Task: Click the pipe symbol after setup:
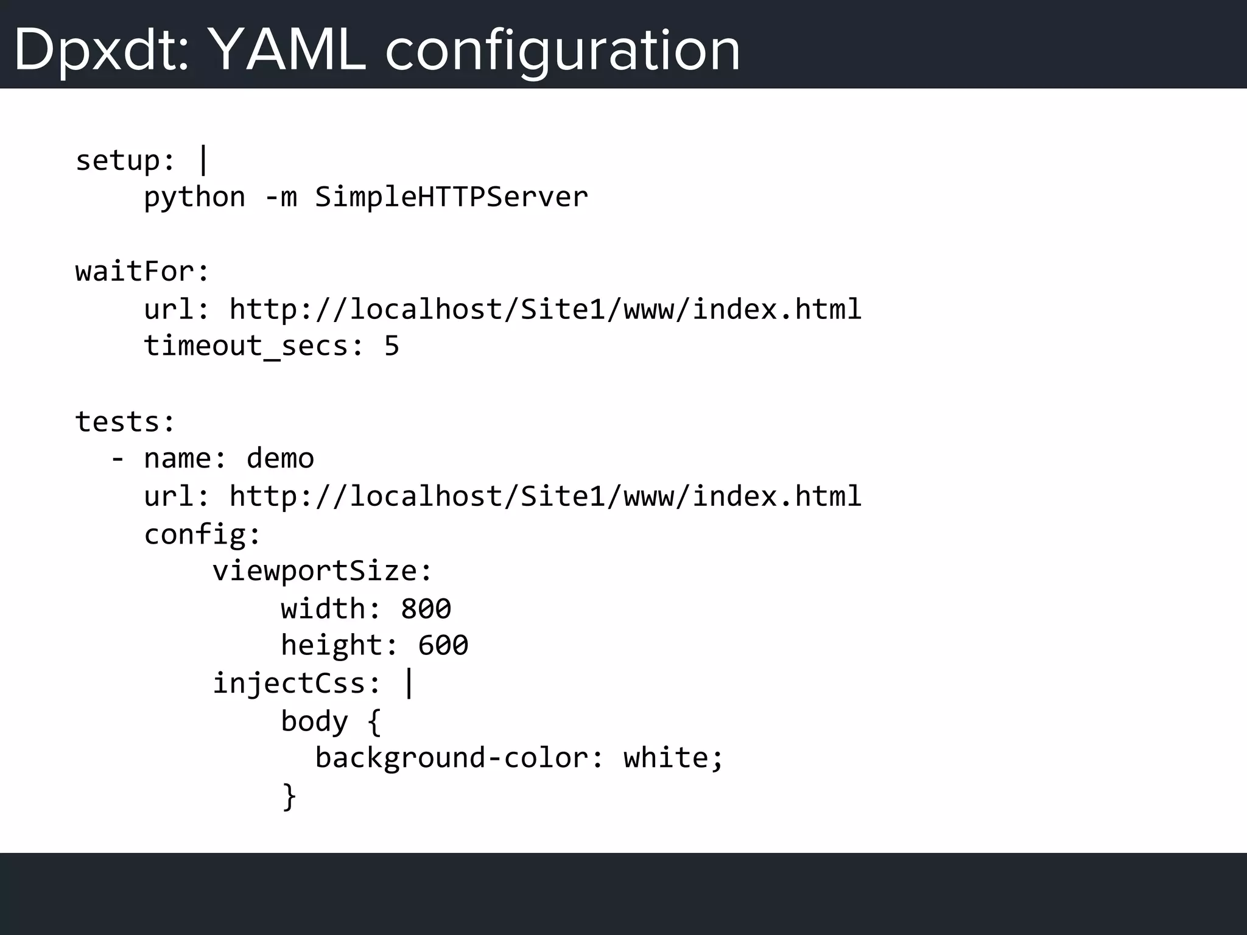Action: click(x=203, y=159)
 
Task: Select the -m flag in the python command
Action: click(x=281, y=197)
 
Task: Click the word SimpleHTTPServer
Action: click(x=451, y=197)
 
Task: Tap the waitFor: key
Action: click(x=142, y=271)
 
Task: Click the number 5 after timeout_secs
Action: click(x=392, y=346)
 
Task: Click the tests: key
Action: click(x=125, y=422)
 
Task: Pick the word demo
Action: click(x=280, y=458)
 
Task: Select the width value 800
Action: click(x=426, y=609)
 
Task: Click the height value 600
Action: click(x=443, y=645)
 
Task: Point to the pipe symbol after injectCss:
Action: click(x=409, y=683)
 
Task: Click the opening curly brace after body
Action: click(x=374, y=722)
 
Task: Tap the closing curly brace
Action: click(x=289, y=796)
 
